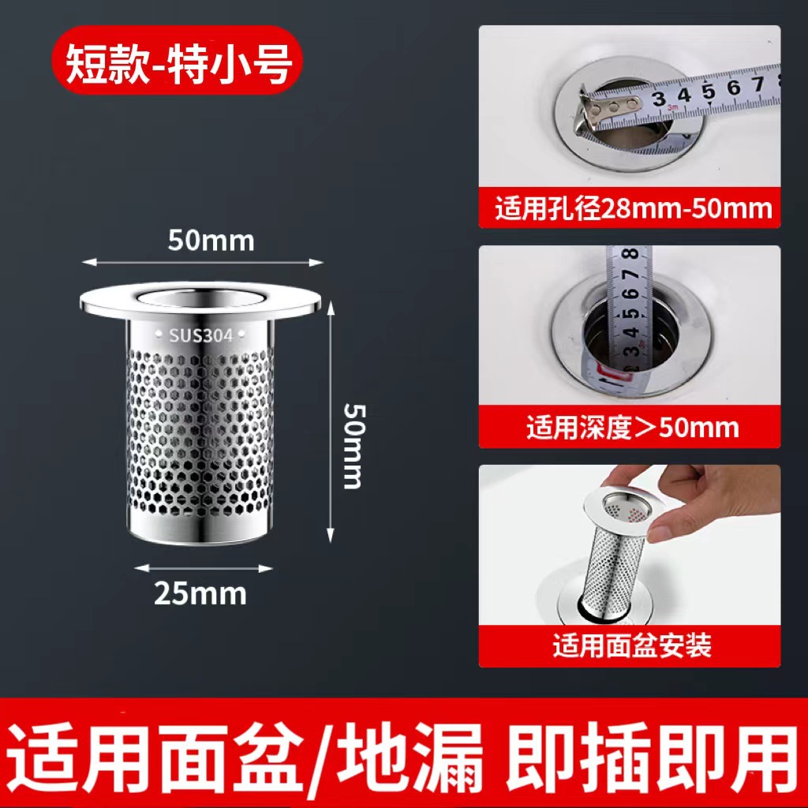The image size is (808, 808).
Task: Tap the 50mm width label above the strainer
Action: pyautogui.click(x=211, y=240)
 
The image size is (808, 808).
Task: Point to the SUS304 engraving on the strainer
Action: pyautogui.click(x=201, y=335)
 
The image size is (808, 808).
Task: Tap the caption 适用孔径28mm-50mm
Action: pyautogui.click(x=633, y=210)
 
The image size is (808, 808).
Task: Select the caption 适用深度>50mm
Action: pyautogui.click(x=633, y=428)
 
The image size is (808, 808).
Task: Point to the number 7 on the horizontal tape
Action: pyautogui.click(x=758, y=85)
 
